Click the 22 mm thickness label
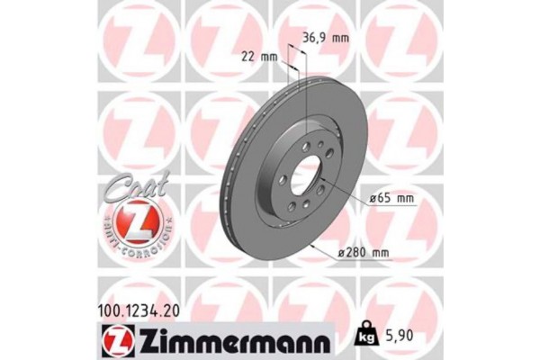click(x=262, y=57)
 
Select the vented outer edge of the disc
click(x=232, y=171)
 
